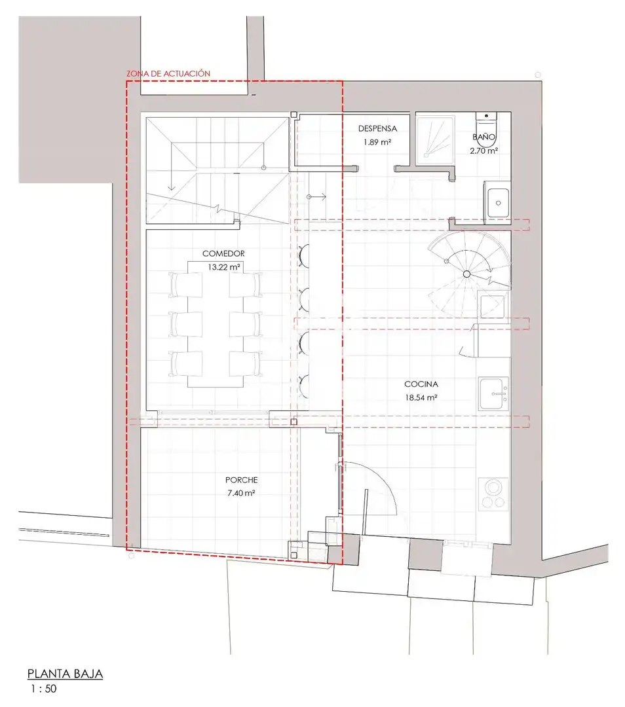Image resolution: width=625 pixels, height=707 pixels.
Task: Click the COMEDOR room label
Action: [223, 254]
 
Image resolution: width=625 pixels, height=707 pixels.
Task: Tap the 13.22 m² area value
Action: [224, 267]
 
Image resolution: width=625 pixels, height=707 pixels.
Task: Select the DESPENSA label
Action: [378, 128]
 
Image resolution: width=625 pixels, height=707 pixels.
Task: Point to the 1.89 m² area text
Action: [377, 142]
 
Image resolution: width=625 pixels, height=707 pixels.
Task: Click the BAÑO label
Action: [483, 136]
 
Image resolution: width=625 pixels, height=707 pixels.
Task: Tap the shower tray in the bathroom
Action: [435, 140]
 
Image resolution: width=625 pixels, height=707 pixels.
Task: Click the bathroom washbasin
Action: [498, 202]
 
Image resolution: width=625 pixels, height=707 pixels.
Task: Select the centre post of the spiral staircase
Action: [466, 274]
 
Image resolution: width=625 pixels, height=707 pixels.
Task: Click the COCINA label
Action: [421, 384]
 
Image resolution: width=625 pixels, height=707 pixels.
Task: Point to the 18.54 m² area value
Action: [421, 398]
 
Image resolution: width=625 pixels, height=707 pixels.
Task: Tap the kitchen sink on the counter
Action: [494, 393]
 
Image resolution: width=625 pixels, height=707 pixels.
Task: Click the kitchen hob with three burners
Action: [493, 494]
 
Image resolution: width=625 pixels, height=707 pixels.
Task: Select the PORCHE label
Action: [242, 480]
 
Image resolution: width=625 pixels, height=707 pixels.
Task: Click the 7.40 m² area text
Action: [242, 494]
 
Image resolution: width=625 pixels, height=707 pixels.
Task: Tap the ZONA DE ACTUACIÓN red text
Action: [168, 73]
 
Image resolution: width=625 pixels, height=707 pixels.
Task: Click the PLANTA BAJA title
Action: [65, 674]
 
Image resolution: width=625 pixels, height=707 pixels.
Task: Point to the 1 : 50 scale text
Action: [44, 689]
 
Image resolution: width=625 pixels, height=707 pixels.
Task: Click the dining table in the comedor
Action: [216, 324]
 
